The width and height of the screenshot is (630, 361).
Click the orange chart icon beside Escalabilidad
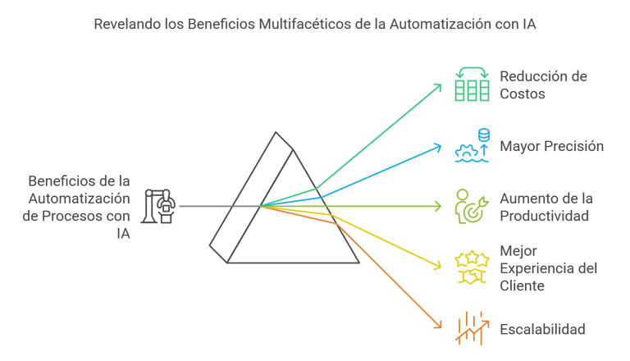click(x=472, y=329)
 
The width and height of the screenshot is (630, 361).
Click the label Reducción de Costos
click(x=543, y=85)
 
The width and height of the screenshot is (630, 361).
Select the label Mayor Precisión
click(x=551, y=147)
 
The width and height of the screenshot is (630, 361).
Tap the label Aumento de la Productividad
click(x=546, y=208)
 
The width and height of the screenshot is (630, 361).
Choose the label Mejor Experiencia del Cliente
click(x=548, y=268)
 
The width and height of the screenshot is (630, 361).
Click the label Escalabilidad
click(x=542, y=329)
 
